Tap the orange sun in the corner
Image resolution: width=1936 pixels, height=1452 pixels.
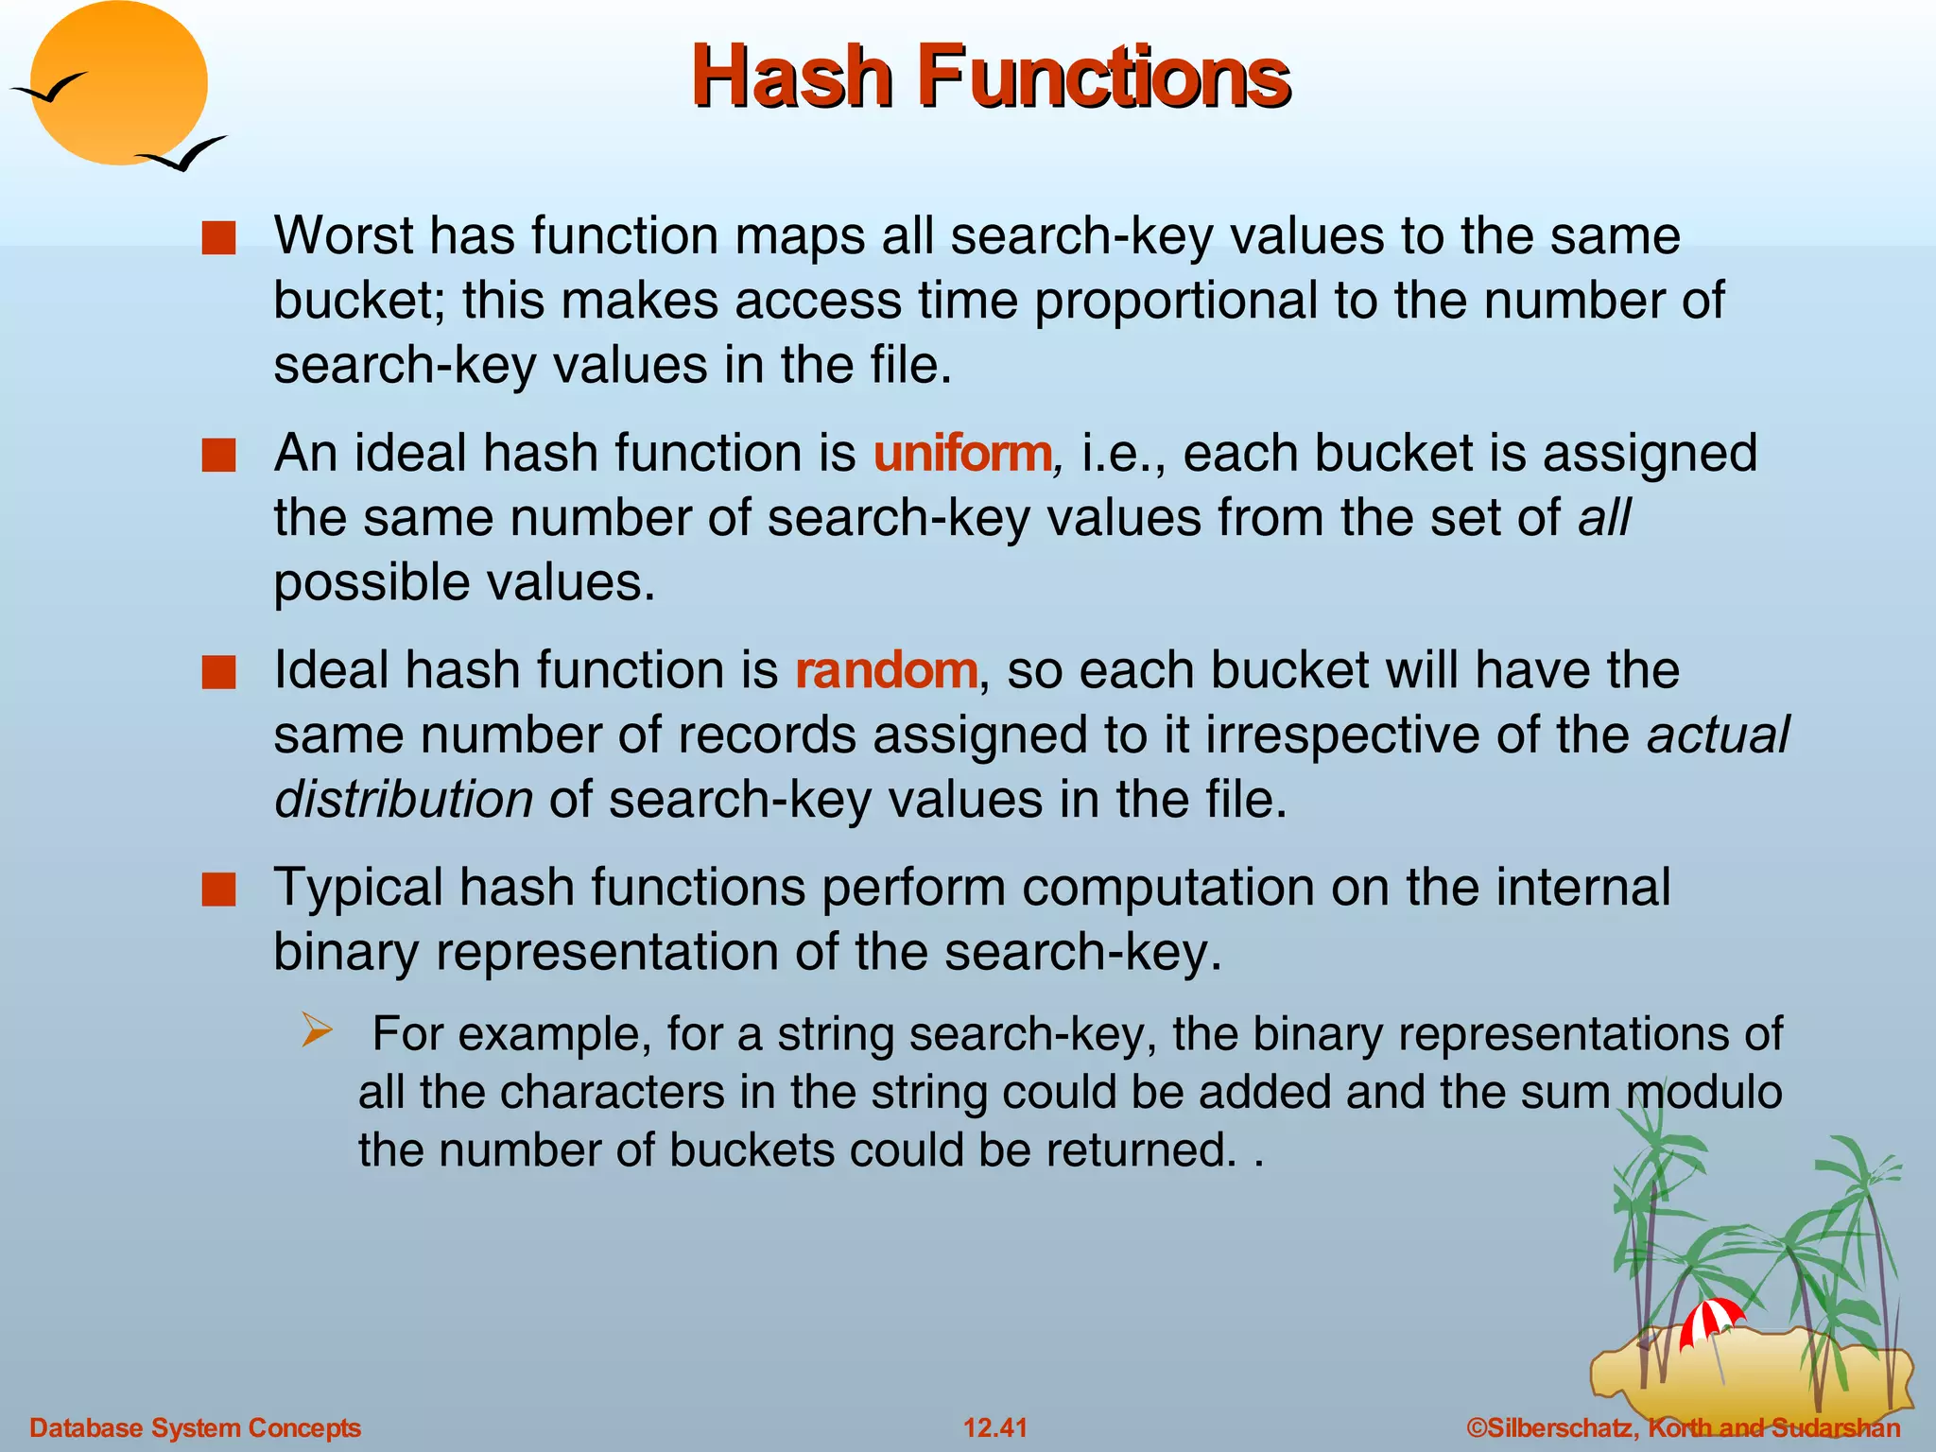[118, 83]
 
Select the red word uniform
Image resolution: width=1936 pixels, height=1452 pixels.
[962, 453]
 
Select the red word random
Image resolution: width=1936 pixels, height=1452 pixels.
[886, 670]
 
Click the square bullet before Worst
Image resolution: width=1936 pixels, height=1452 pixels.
[218, 237]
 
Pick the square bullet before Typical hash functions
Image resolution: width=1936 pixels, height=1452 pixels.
[218, 890]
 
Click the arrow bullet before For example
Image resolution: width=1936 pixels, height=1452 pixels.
[317, 1029]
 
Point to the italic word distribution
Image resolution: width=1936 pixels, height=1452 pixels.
[404, 800]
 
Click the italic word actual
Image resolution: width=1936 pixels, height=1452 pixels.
[1718, 735]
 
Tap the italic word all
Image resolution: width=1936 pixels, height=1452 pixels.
[1604, 518]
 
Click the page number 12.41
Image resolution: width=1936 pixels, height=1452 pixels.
[995, 1427]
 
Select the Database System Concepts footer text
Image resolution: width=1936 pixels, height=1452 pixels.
[195, 1427]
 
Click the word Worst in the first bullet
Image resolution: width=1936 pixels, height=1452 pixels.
[343, 235]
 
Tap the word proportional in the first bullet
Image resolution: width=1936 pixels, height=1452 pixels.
[1176, 301]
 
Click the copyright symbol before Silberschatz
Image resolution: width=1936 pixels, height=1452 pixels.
[1476, 1427]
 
